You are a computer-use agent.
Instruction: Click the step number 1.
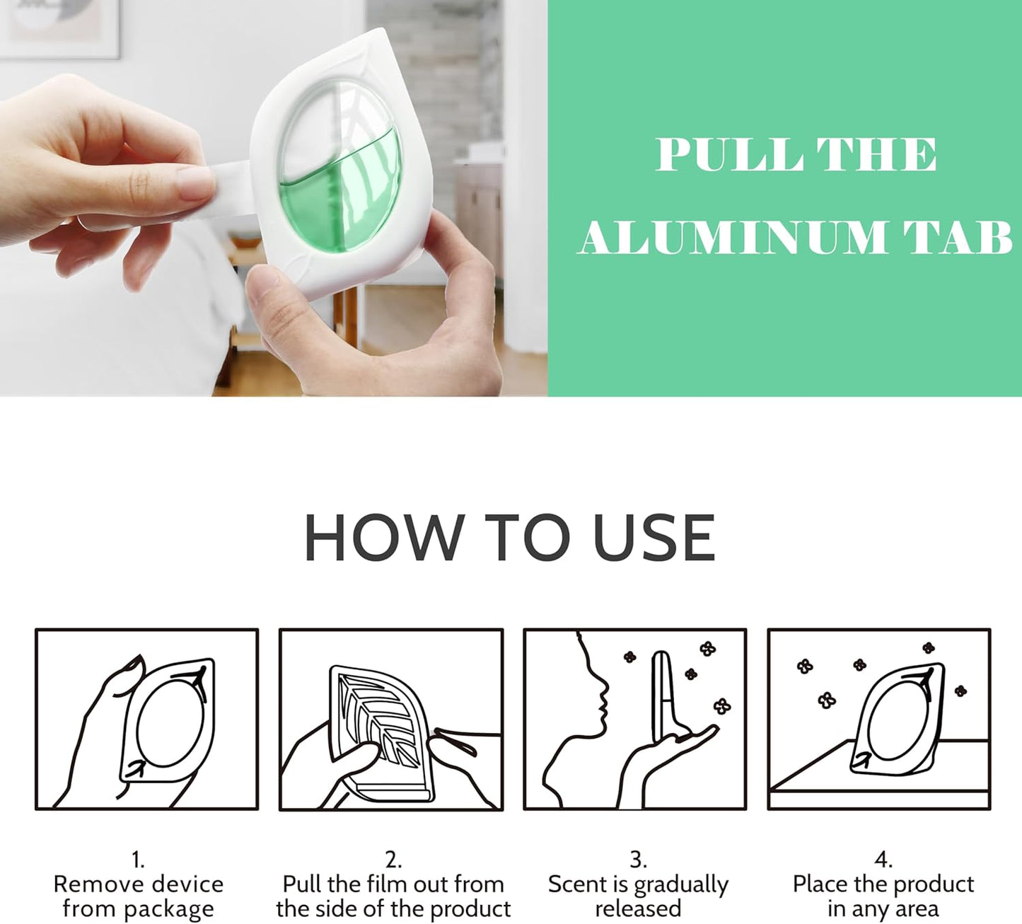click(x=138, y=860)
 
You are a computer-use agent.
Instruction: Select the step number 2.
click(x=393, y=860)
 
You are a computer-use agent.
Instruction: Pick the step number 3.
click(x=638, y=860)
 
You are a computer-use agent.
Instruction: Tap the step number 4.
click(x=883, y=860)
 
